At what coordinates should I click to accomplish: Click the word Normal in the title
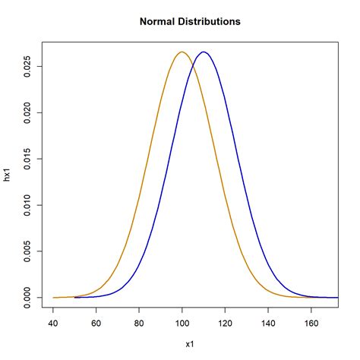[x=158, y=22]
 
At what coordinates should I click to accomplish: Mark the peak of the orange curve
[x=182, y=52]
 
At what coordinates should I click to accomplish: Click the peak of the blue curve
[x=204, y=52]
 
